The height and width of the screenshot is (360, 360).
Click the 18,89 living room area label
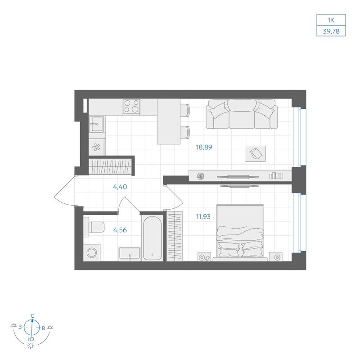tap(204, 147)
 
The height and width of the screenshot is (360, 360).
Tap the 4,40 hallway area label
tap(120, 187)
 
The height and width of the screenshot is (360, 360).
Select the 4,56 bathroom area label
tap(120, 230)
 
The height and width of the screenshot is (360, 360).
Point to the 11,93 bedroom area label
tap(203, 216)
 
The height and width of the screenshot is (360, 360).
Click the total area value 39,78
tap(331, 31)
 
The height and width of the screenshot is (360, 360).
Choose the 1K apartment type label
tap(331, 20)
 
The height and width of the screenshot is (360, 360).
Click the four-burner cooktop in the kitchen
tap(131, 107)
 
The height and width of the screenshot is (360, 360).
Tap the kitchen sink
tap(97, 124)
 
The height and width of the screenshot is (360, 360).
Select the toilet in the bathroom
tap(94, 227)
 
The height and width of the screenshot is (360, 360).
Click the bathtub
tap(152, 238)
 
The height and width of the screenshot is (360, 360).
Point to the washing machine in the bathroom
tap(92, 252)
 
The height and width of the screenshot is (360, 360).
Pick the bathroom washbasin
tap(130, 254)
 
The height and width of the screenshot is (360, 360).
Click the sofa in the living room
tap(242, 114)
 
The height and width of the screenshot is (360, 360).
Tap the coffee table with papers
tap(255, 153)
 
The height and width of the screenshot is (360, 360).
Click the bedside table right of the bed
tap(276, 256)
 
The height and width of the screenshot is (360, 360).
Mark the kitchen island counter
tap(168, 121)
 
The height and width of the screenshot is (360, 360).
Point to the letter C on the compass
tap(32, 316)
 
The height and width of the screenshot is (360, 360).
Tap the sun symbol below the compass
tap(31, 346)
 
